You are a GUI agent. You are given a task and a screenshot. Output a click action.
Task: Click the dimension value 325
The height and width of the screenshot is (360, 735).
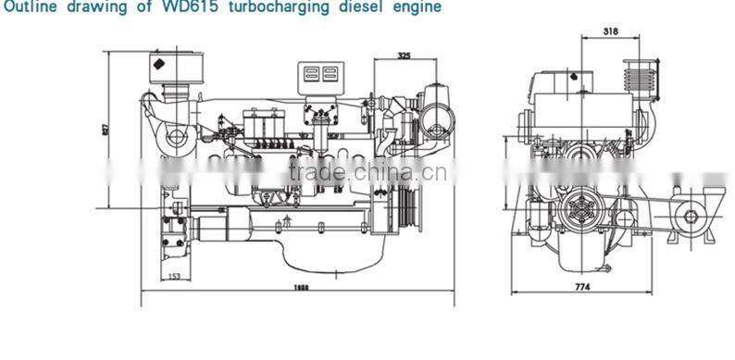[x=404, y=56]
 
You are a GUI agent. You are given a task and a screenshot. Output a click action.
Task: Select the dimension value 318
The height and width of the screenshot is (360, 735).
[x=609, y=31]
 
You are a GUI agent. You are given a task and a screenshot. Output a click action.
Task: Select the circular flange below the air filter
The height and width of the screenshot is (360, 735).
[x=175, y=140]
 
